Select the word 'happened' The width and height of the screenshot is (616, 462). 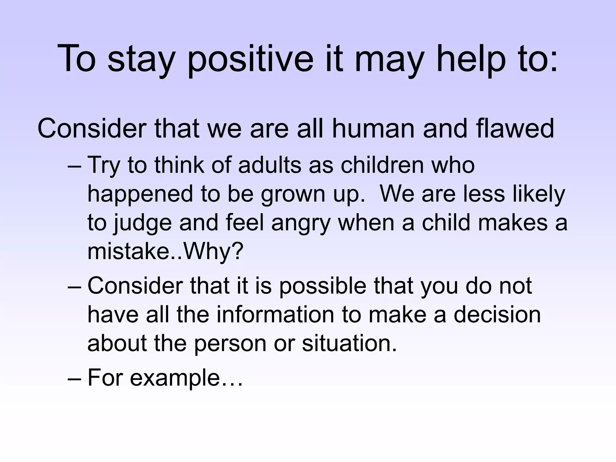(x=140, y=194)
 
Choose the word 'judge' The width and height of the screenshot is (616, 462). (x=142, y=223)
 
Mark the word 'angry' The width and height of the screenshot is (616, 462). (x=301, y=223)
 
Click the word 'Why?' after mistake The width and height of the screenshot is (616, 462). (x=213, y=251)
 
